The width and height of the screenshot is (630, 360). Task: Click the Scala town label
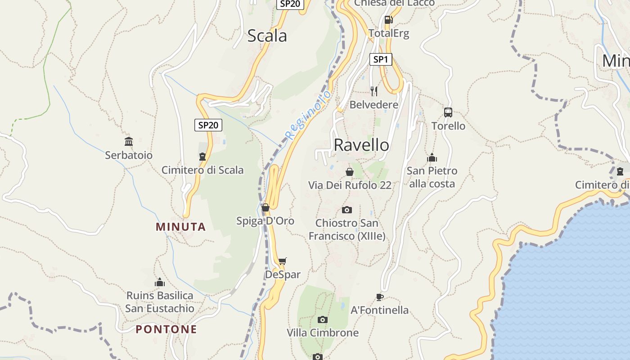click(267, 36)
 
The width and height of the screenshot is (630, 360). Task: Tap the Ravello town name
click(361, 145)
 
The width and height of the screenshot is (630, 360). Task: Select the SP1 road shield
click(381, 59)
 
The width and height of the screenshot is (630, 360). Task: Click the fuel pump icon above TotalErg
click(388, 20)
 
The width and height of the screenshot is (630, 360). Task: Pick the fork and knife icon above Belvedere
click(374, 91)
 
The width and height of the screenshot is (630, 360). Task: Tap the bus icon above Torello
click(448, 112)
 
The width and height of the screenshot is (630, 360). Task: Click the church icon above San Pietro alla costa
click(432, 157)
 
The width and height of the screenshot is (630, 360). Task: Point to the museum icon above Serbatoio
click(129, 142)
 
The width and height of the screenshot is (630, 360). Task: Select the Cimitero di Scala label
click(202, 170)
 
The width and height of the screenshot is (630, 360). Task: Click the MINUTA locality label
click(181, 227)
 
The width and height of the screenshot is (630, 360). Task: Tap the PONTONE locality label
click(166, 329)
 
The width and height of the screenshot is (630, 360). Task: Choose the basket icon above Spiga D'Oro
click(265, 207)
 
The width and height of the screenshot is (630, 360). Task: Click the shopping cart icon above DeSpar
click(283, 261)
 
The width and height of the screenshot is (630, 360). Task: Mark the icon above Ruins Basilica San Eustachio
click(159, 283)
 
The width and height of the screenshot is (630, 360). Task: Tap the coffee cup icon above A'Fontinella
click(380, 297)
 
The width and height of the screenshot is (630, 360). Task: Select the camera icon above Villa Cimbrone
click(322, 319)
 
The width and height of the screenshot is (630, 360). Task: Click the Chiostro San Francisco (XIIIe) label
click(347, 229)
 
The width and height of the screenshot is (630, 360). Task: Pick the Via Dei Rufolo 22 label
click(350, 185)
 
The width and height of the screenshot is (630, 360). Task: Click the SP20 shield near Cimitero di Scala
click(208, 125)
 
